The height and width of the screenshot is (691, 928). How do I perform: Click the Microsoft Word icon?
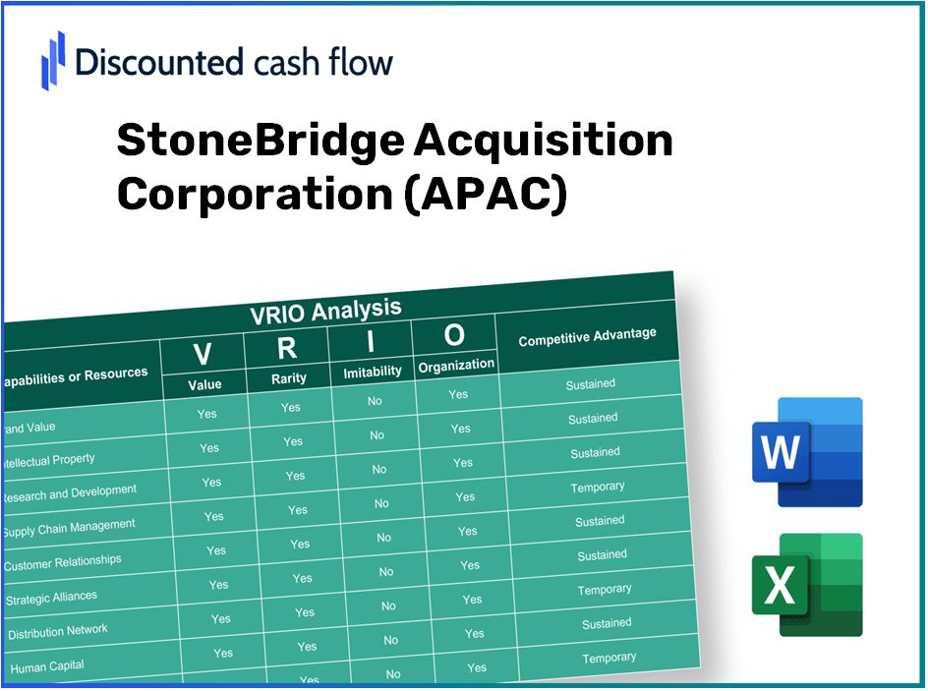coord(806,451)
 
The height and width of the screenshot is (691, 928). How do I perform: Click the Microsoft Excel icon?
coord(806,585)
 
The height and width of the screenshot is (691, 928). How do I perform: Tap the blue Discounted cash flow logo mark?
coord(53,60)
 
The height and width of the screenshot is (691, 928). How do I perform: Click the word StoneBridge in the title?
coord(260,141)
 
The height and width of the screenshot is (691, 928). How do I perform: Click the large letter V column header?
coord(203,353)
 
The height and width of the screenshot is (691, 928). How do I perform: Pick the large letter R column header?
coord(286,347)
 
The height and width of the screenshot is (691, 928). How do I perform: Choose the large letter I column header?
coord(371,341)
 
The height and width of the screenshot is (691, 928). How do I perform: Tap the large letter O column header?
coord(454,335)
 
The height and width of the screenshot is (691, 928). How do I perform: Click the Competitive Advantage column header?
coord(587,337)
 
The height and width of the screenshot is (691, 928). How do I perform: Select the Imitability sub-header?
coord(373,372)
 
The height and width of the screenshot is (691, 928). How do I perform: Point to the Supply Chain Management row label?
coord(69,528)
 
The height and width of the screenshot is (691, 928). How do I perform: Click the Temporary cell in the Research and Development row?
coord(597,487)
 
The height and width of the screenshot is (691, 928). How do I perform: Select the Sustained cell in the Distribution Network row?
coord(606,623)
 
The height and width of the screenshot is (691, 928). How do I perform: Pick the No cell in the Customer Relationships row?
coord(386,571)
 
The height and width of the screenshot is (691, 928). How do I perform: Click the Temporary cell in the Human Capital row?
coord(609,658)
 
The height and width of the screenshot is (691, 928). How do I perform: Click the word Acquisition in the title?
coord(543,141)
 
